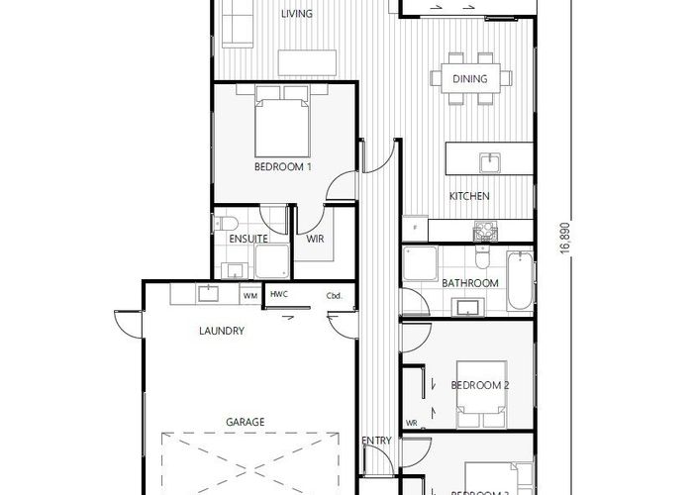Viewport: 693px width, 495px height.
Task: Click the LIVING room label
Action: (x=297, y=14)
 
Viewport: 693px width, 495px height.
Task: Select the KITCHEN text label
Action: (x=469, y=196)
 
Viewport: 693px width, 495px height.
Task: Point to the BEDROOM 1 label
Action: (x=283, y=167)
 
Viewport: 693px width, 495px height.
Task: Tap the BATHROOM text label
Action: (x=469, y=283)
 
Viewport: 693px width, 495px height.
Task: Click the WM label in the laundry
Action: (x=250, y=295)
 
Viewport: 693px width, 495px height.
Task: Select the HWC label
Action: (x=280, y=295)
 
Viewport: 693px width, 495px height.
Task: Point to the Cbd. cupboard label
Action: (x=334, y=295)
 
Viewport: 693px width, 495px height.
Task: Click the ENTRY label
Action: (x=376, y=441)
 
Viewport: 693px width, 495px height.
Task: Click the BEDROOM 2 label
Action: (x=480, y=384)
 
